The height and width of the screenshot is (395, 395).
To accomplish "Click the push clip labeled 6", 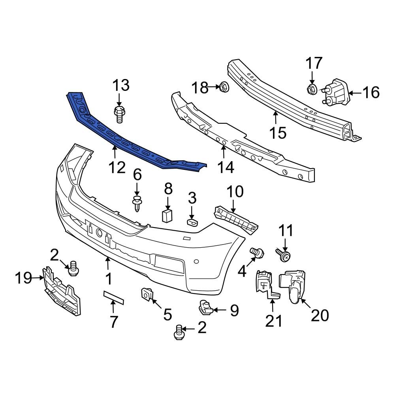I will [x=137, y=202].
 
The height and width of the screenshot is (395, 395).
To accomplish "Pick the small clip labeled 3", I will [x=192, y=223].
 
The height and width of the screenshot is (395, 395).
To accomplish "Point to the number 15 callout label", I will [x=278, y=133].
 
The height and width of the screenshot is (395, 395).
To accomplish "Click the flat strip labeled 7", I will [x=113, y=297].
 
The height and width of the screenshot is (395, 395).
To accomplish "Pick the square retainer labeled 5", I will [x=147, y=294].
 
